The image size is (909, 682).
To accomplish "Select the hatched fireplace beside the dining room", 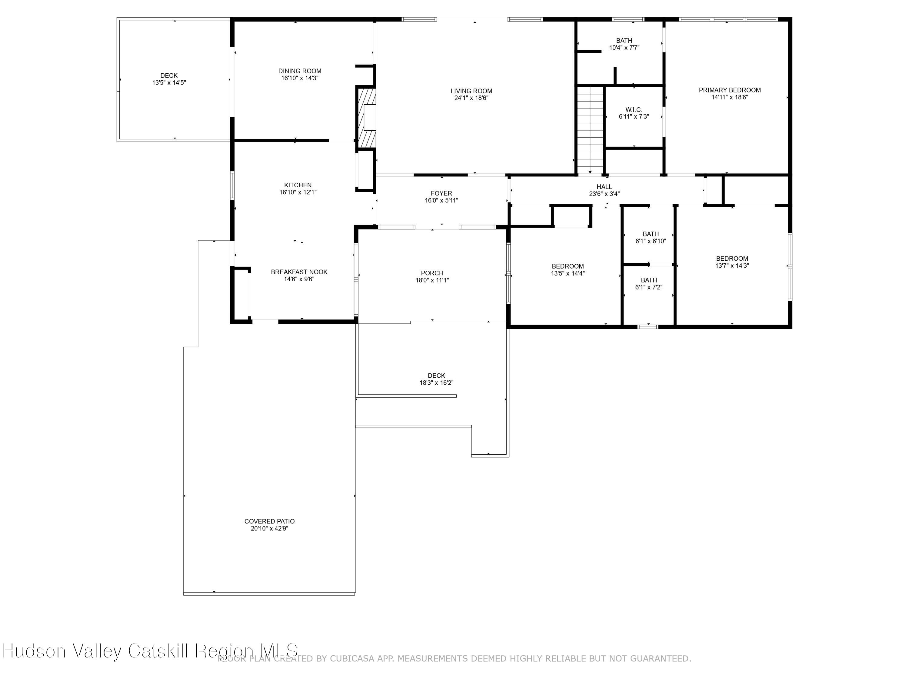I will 366,118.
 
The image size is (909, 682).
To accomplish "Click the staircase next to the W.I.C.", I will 590,129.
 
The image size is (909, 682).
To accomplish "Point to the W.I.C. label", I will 634,110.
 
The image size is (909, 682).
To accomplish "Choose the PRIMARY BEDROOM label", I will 729,90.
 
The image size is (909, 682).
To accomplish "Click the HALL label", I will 604,187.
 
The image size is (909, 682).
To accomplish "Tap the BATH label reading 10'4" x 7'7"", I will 624,40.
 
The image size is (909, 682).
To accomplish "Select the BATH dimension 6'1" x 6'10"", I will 651,241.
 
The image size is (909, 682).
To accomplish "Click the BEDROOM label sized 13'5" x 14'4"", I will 568,266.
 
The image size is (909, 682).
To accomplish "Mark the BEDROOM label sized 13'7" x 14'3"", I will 732,258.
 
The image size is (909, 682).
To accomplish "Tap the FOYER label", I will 441,193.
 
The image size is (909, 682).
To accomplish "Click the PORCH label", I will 432,273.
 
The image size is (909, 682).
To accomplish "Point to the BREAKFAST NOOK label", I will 299,272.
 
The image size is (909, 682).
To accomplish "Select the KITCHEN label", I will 298,185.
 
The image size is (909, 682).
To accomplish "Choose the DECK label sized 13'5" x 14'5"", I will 169,75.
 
